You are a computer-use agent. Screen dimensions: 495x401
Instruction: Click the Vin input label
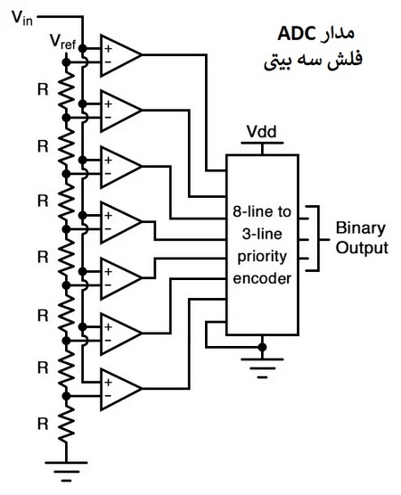click(x=22, y=19)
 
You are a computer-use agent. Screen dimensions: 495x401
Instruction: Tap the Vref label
click(x=63, y=43)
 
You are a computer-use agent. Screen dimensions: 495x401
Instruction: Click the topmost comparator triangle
click(x=119, y=54)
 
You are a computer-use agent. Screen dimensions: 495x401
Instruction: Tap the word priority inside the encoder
click(x=261, y=255)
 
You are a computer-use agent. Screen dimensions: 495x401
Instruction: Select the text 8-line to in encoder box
click(x=261, y=212)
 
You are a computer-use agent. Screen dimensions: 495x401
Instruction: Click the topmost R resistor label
click(x=42, y=89)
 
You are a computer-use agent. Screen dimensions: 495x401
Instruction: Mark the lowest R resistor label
click(x=42, y=422)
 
